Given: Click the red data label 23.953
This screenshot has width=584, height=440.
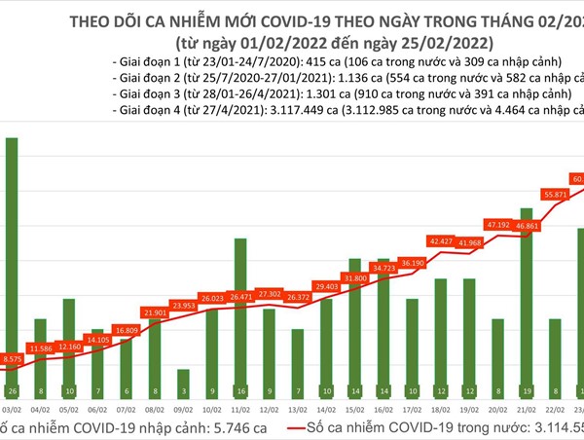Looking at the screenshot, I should (182, 305).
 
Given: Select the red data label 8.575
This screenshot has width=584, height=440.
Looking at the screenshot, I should (15, 359).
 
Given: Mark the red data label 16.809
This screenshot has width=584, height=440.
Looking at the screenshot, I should (127, 331).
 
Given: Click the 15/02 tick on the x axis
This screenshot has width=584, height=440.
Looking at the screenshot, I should (355, 411).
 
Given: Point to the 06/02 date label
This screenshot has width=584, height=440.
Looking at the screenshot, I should (97, 411).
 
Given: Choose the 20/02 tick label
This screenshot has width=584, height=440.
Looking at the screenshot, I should (497, 411).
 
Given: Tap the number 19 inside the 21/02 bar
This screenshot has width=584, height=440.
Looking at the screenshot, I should (526, 392).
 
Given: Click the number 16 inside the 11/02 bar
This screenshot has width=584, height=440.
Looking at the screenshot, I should (239, 392).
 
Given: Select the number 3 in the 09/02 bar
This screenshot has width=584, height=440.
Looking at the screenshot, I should (182, 392).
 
